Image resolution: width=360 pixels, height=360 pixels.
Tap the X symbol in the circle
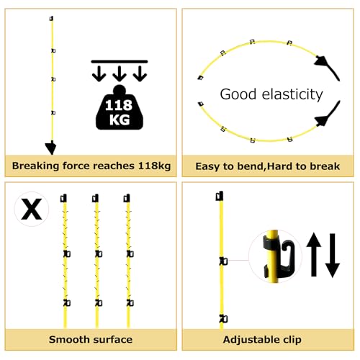(x=32, y=209)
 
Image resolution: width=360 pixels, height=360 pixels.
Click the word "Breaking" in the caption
(x=36, y=166)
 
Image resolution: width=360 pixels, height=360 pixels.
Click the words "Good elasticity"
(x=271, y=94)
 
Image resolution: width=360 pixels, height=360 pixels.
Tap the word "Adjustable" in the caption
(x=248, y=340)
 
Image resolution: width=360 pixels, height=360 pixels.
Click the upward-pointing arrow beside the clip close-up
(x=314, y=254)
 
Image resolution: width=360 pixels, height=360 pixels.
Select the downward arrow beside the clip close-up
(x=333, y=256)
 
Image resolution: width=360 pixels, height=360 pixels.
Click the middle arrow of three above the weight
(x=120, y=73)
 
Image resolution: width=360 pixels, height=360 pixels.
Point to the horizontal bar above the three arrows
(x=120, y=62)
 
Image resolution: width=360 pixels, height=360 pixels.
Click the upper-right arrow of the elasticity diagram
(x=327, y=68)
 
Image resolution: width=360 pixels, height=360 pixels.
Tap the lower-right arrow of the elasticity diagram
(x=328, y=114)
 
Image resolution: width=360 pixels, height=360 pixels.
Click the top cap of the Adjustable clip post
(x=220, y=196)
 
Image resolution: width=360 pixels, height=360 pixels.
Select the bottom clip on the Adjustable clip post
(x=223, y=319)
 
